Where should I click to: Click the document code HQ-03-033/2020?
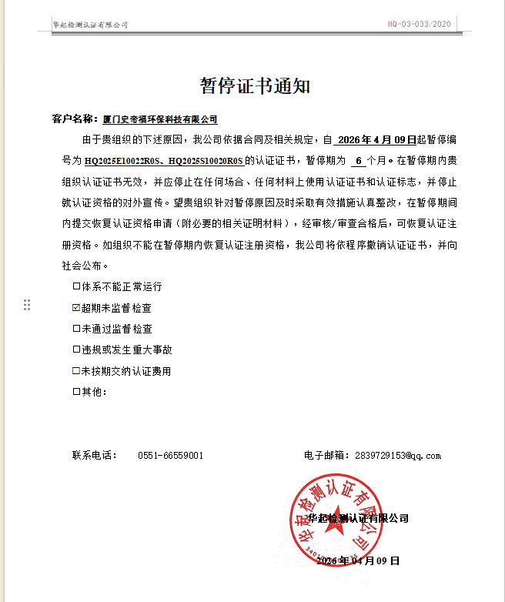point(418,25)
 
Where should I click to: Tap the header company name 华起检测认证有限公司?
point(90,25)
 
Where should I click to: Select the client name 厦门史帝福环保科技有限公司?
point(160,119)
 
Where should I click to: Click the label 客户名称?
point(75,119)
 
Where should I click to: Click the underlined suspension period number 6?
point(358,161)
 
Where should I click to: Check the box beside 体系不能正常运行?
point(76,286)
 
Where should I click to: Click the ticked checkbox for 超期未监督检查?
point(76,307)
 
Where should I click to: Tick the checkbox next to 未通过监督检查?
point(76,329)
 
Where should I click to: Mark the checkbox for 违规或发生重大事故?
point(76,349)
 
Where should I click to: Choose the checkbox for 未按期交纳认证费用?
point(76,371)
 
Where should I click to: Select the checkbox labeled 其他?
point(76,392)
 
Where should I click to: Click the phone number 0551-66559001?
point(171,456)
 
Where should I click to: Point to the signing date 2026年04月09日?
point(358,561)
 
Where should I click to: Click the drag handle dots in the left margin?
point(27,305)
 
